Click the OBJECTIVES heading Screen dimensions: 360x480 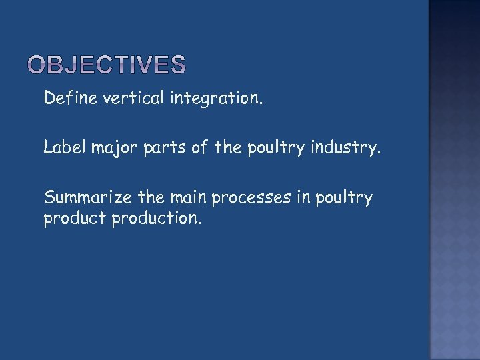(x=107, y=65)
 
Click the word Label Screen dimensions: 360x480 (x=62, y=147)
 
